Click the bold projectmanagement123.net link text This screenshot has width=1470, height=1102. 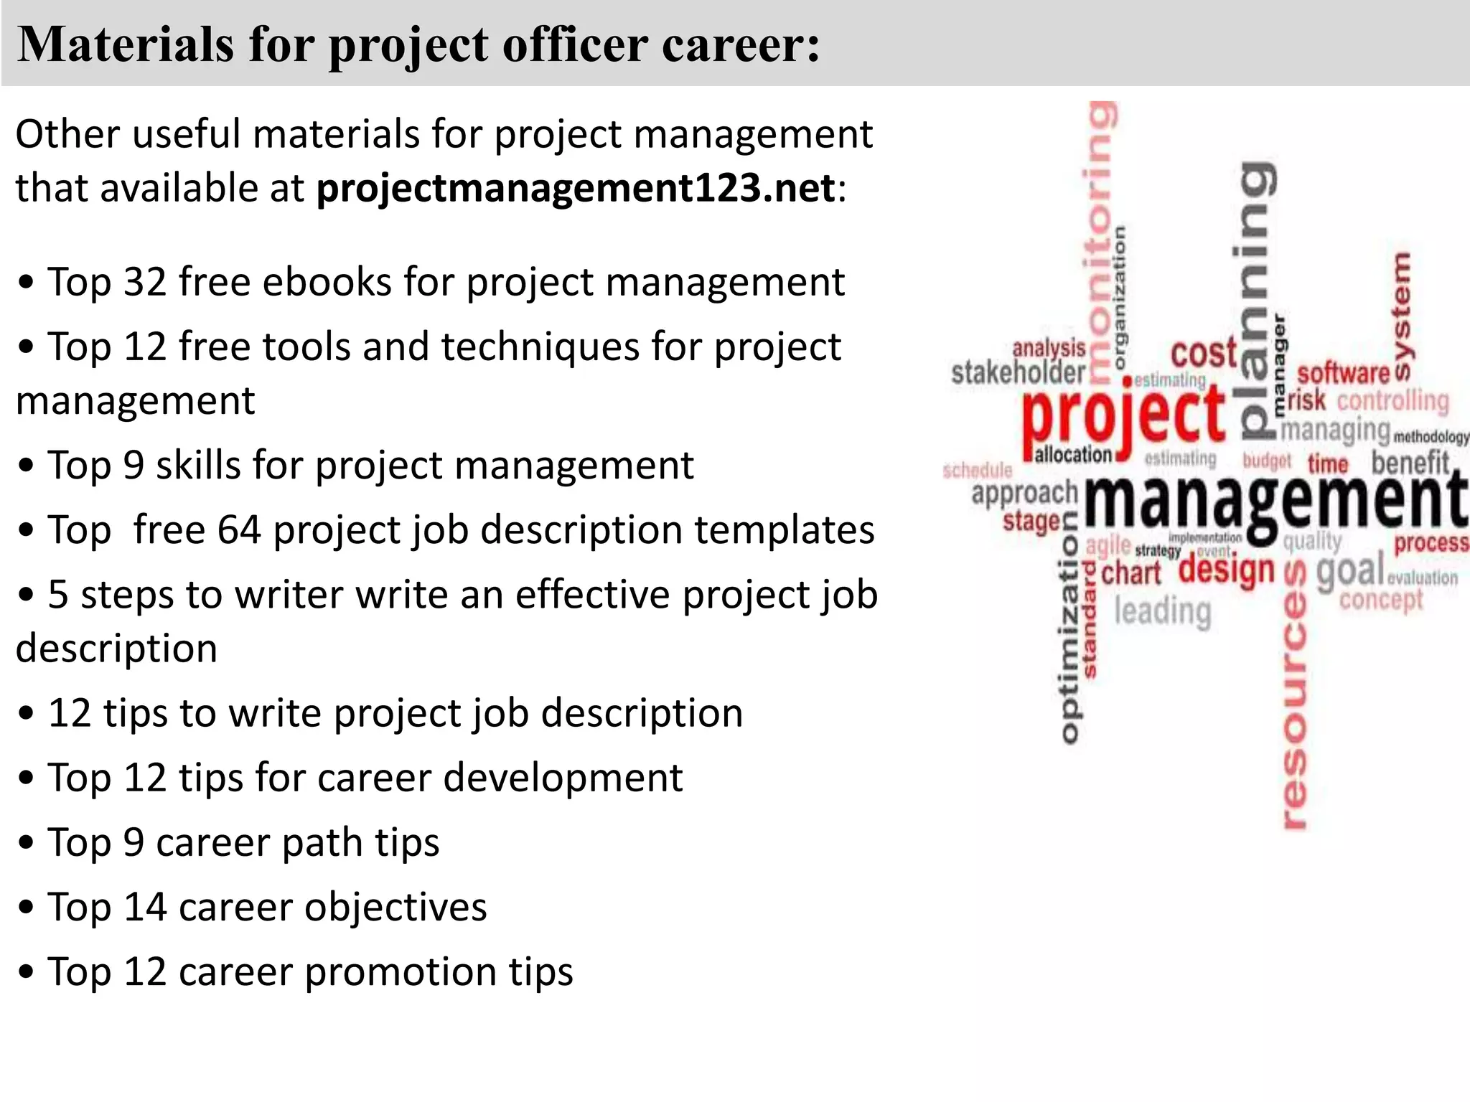576,189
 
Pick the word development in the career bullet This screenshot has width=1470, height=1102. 563,778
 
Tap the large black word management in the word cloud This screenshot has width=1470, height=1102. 1274,501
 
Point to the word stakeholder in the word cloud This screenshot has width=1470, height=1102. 1018,372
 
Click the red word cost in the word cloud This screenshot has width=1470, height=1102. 1204,354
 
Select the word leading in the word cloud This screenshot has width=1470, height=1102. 1162,611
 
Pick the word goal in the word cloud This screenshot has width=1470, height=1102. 1350,572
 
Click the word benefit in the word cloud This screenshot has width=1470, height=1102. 1410,463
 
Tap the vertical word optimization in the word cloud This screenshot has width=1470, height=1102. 1069,639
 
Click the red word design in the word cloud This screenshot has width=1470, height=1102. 1227,571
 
